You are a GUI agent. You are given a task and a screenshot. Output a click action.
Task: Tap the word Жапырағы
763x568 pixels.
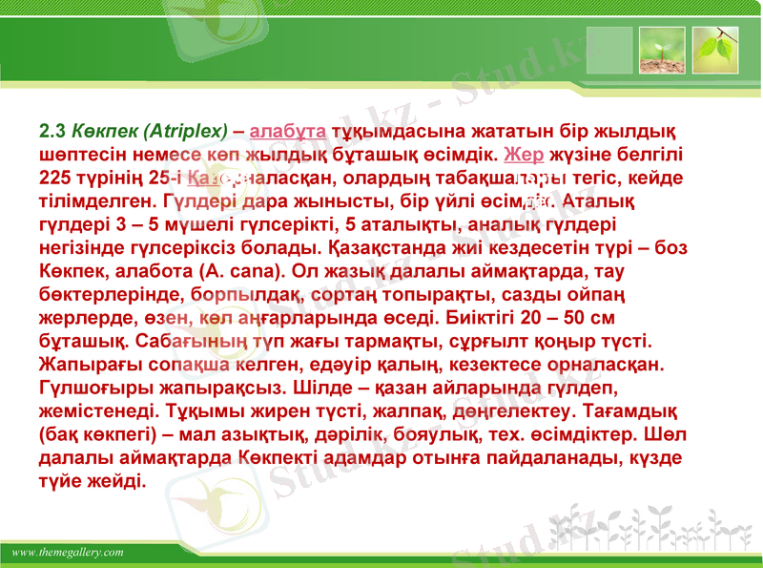pos(87,364)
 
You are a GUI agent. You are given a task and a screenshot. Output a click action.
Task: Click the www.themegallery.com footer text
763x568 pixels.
pos(68,553)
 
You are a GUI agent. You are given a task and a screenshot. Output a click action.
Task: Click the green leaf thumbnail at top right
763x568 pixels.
pos(714,51)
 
